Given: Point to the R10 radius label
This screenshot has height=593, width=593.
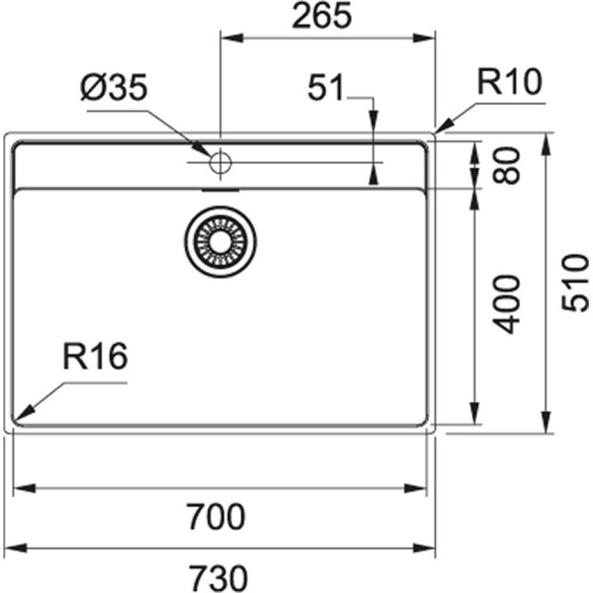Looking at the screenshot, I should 510,82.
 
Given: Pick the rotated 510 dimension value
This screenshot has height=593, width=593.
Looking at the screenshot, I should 574,283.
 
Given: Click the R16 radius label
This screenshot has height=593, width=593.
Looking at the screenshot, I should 96,357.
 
